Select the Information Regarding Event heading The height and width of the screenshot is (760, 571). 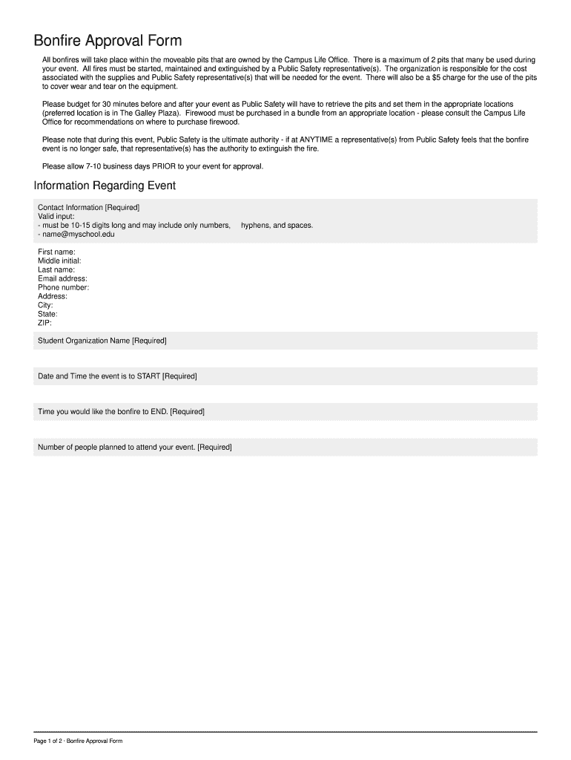[x=105, y=185]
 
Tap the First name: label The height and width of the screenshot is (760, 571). [x=56, y=252]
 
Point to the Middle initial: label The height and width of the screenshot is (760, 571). [x=59, y=261]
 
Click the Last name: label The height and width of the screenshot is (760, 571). [x=56, y=270]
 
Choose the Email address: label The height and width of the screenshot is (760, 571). [x=62, y=279]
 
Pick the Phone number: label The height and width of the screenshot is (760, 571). [x=63, y=288]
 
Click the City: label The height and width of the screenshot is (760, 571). [x=45, y=305]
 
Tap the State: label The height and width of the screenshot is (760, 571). [x=47, y=314]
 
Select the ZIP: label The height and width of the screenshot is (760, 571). [x=44, y=323]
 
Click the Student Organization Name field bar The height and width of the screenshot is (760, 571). [x=285, y=341]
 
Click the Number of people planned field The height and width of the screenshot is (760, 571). [x=285, y=447]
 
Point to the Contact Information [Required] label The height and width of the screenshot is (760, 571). [x=88, y=207]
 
